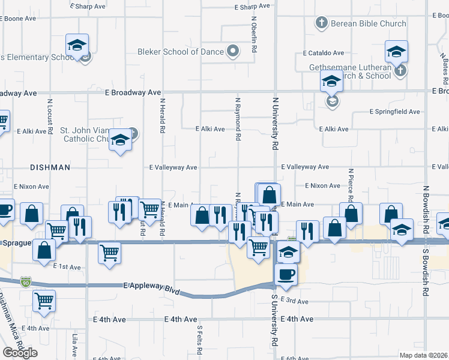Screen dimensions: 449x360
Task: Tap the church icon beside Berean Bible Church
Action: coord(321,23)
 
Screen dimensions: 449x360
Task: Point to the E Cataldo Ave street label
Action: coord(327,53)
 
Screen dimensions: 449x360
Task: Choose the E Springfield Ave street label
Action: coord(394,112)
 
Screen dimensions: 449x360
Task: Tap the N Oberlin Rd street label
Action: coord(254,36)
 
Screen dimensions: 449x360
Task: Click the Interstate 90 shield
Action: coord(24,281)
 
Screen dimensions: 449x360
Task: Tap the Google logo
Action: coord(20,352)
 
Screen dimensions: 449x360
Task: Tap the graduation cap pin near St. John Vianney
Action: coord(121,142)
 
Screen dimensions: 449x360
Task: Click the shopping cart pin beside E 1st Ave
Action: coord(109,253)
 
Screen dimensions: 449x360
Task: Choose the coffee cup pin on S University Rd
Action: coord(286,274)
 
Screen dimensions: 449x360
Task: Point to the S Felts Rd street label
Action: coord(199,340)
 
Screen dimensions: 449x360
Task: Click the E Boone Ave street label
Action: coord(17,19)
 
